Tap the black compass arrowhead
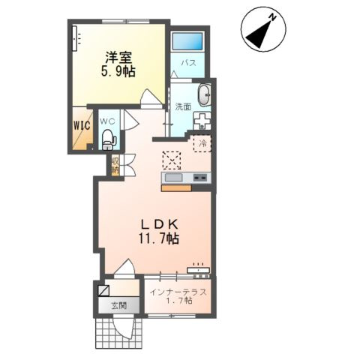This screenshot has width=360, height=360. (260, 35)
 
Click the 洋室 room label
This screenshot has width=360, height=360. (118, 58)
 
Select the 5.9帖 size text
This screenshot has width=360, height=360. (118, 71)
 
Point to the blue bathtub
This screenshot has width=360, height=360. (187, 41)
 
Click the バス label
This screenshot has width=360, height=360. (189, 63)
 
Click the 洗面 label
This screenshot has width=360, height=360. (183, 107)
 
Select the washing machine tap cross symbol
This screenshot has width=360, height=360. (202, 121)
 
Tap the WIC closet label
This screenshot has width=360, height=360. (82, 125)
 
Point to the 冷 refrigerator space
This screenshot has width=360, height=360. (202, 144)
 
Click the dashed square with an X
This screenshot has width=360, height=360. (172, 160)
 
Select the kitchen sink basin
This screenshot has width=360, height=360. (173, 178)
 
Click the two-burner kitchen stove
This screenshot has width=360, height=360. (200, 178)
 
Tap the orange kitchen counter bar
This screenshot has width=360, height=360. (176, 188)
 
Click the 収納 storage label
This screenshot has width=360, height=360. (115, 165)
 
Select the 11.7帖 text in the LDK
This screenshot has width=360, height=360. (159, 239)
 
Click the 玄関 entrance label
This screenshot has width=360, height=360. (118, 305)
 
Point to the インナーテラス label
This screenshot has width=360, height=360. (178, 292)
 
